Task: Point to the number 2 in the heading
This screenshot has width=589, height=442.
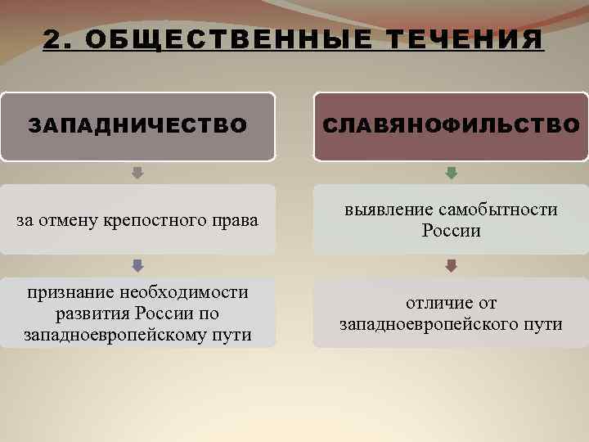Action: pyautogui.click(x=52, y=40)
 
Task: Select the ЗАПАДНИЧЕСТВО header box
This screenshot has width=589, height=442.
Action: pyautogui.click(x=137, y=126)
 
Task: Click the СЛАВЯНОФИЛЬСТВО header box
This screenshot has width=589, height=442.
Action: pyautogui.click(x=451, y=126)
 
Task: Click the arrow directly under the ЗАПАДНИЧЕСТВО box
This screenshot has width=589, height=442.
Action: pyautogui.click(x=137, y=173)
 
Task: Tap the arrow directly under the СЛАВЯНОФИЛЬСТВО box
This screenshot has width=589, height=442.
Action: pyautogui.click(x=451, y=173)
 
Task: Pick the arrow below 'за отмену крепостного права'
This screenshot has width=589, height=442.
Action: pyautogui.click(x=137, y=265)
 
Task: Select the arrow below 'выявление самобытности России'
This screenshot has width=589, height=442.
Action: pyautogui.click(x=451, y=265)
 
